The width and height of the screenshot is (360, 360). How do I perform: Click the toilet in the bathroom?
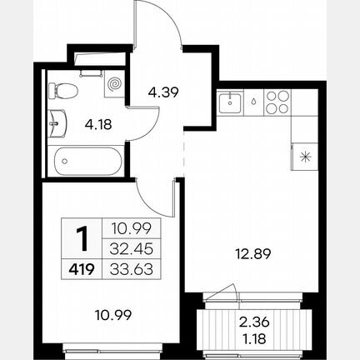tap(62, 90)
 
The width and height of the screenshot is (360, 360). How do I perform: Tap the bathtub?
tap(88, 161)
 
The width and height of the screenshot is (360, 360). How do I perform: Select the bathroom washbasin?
tap(57, 123)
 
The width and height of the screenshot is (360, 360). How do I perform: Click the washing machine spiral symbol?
tap(114, 83)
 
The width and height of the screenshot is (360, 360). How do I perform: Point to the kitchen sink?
tap(230, 102)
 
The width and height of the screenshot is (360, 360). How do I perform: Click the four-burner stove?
tap(277, 102)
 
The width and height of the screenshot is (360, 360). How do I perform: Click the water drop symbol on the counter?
tap(253, 101)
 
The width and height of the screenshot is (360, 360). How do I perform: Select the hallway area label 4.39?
tap(163, 92)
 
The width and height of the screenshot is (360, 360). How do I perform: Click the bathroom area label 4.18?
tap(98, 124)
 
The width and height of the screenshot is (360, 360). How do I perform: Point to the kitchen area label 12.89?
tap(252, 254)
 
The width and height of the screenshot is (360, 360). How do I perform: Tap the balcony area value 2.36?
tap(254, 322)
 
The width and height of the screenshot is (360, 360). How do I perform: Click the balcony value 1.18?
tap(254, 338)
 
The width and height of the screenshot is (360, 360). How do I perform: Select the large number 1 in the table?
tap(82, 238)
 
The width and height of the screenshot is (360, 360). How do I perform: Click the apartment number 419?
tap(82, 269)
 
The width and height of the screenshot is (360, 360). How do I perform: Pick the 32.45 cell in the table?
tap(132, 249)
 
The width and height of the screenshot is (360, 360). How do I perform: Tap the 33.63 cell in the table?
tap(132, 269)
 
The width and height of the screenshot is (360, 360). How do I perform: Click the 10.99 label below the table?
tap(113, 315)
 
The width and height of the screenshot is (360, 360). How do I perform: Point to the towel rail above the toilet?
tap(91, 72)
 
